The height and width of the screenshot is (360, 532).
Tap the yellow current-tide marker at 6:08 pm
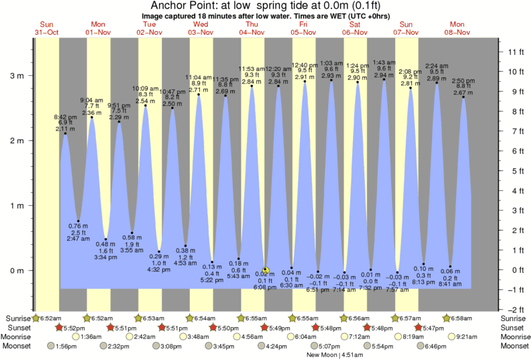click(x=266, y=271)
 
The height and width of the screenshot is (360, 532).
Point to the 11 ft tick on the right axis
click(x=515, y=52)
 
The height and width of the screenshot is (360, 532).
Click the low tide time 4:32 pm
click(x=159, y=270)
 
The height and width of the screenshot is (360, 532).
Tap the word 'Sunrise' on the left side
click(x=17, y=318)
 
